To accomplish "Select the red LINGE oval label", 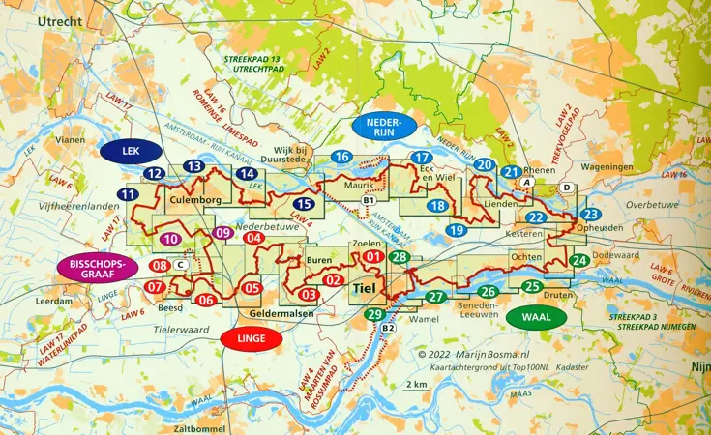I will click(251, 338).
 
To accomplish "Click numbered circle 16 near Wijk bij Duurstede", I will click(341, 158).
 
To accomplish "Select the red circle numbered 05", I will click(252, 288).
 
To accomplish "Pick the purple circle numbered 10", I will click(170, 239).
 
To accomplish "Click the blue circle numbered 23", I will click(591, 214).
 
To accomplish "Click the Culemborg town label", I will click(195, 200).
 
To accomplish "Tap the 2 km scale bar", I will click(418, 385).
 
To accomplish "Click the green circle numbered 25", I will click(531, 286).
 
